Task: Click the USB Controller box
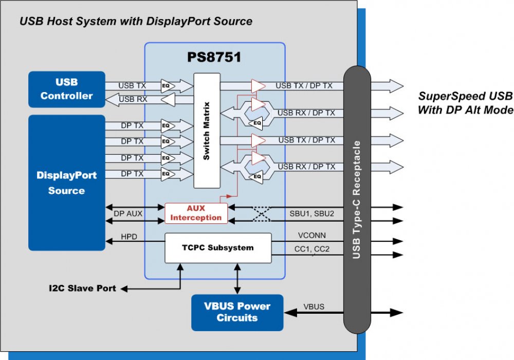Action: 67,89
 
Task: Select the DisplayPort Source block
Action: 67,183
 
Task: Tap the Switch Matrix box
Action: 207,131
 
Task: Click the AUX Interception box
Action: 196,212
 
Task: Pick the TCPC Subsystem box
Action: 217,248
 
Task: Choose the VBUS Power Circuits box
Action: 237,312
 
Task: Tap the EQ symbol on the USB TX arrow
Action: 166,85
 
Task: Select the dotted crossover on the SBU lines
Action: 263,213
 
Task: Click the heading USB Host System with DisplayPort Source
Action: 136,22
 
